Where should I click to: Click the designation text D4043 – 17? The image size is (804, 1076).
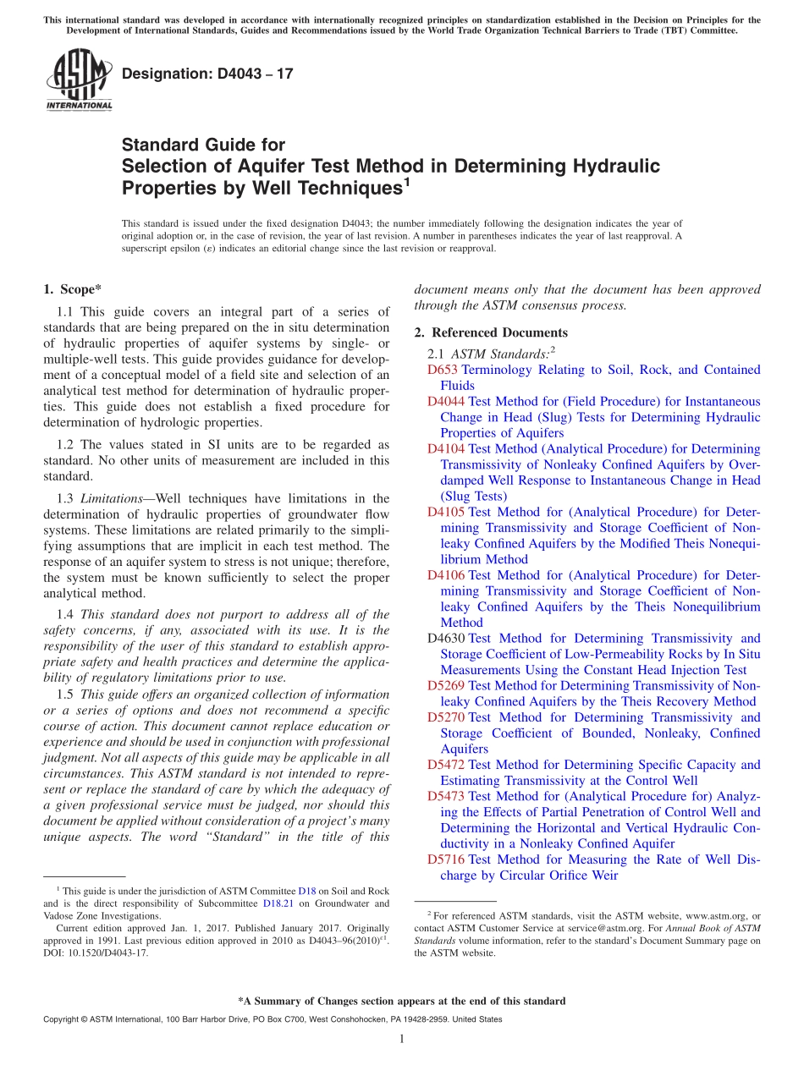coord(207,74)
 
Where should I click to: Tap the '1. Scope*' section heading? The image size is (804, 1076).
coord(73,289)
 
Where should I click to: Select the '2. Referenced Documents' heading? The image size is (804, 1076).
coord(491,332)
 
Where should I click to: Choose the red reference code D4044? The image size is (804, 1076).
coord(446,401)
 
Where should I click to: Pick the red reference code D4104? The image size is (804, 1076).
coord(446,448)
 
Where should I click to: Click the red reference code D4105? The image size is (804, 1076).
coord(446,512)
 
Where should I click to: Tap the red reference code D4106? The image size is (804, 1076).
coord(446,575)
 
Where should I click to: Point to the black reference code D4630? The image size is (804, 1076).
coord(446,639)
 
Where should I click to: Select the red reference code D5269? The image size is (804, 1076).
coord(446,686)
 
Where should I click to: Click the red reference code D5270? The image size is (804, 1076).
coord(446,717)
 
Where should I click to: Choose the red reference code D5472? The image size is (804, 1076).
coord(446,765)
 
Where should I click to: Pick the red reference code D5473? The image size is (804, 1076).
coord(446,796)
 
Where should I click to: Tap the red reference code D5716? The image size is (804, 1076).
coord(446,859)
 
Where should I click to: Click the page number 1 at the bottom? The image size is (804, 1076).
coord(402,1039)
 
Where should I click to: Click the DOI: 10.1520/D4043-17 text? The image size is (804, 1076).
coord(96,952)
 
